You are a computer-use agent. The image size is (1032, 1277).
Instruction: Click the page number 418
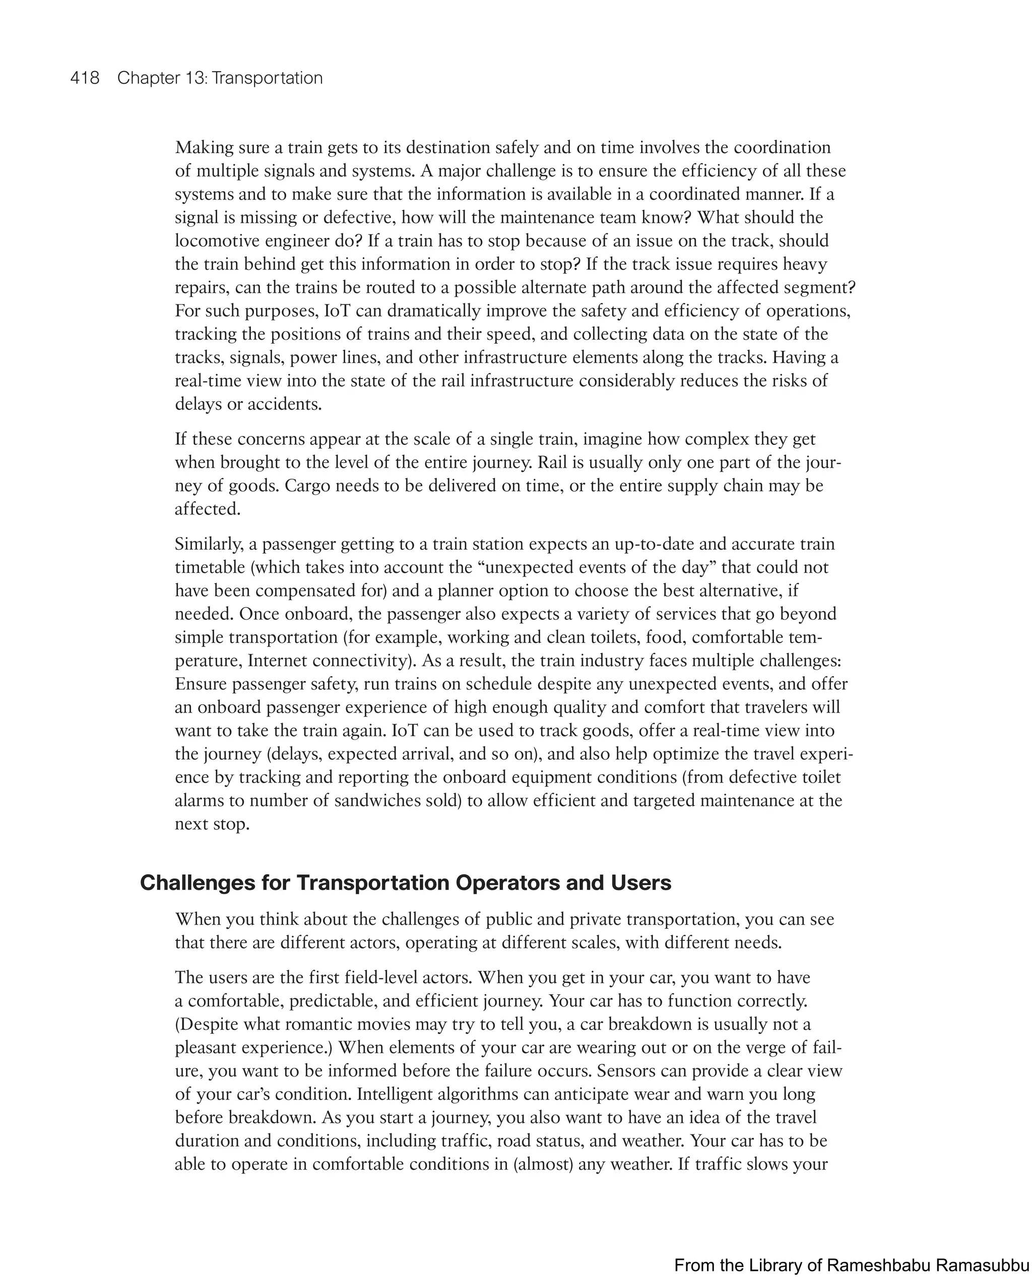pyautogui.click(x=85, y=78)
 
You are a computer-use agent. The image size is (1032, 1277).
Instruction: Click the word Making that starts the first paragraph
pyautogui.click(x=202, y=148)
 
